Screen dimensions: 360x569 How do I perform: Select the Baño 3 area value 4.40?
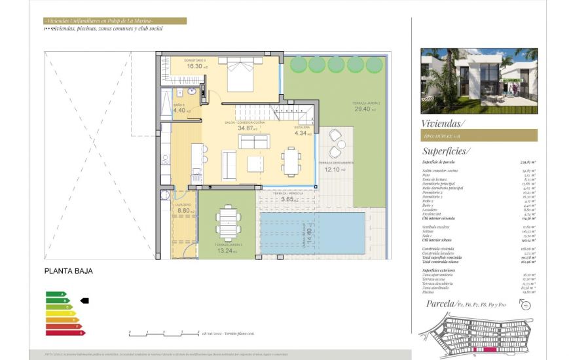[x=179, y=111]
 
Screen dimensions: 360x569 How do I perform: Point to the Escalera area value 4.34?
[x=302, y=133]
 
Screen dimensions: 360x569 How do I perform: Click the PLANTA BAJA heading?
[x=68, y=270]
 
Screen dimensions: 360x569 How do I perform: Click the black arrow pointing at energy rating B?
[x=84, y=300]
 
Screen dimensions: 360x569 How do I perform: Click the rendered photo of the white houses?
[x=479, y=81]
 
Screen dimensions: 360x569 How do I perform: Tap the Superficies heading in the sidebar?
[x=446, y=151]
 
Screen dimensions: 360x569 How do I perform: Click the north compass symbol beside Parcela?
[x=528, y=305]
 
